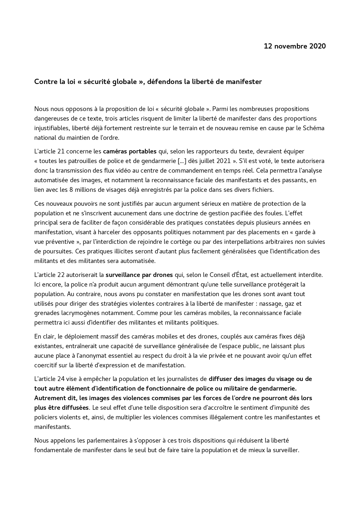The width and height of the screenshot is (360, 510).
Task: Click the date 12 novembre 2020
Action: point(295,46)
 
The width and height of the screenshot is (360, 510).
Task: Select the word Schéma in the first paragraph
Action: point(314,128)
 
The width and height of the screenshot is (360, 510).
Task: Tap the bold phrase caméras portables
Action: point(130,151)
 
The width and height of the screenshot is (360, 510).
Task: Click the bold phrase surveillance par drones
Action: point(139,275)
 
